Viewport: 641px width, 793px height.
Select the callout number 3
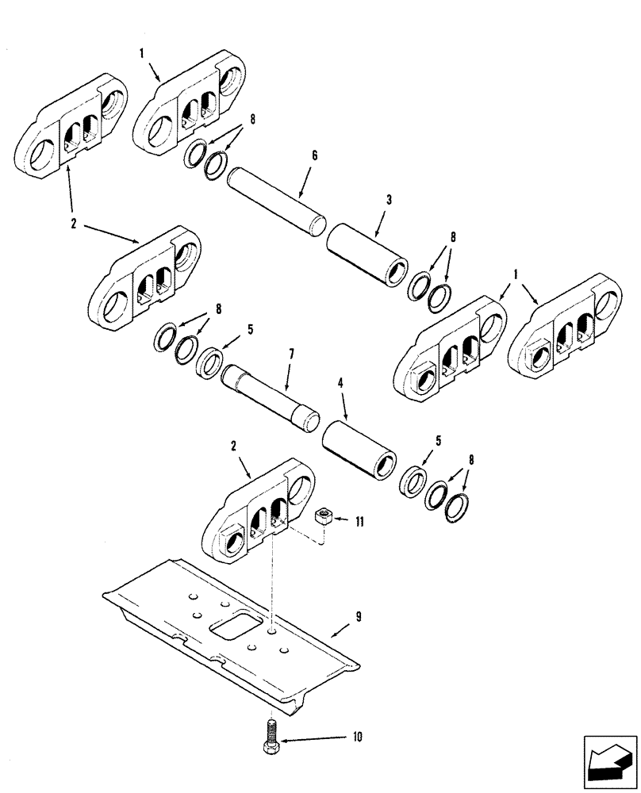tap(390, 201)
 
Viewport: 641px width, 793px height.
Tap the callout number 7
tap(291, 351)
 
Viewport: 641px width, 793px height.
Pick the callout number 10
tap(357, 737)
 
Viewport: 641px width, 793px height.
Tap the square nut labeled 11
tap(324, 517)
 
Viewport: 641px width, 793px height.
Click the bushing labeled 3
tap(368, 252)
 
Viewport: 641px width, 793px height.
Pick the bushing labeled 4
tap(359, 448)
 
